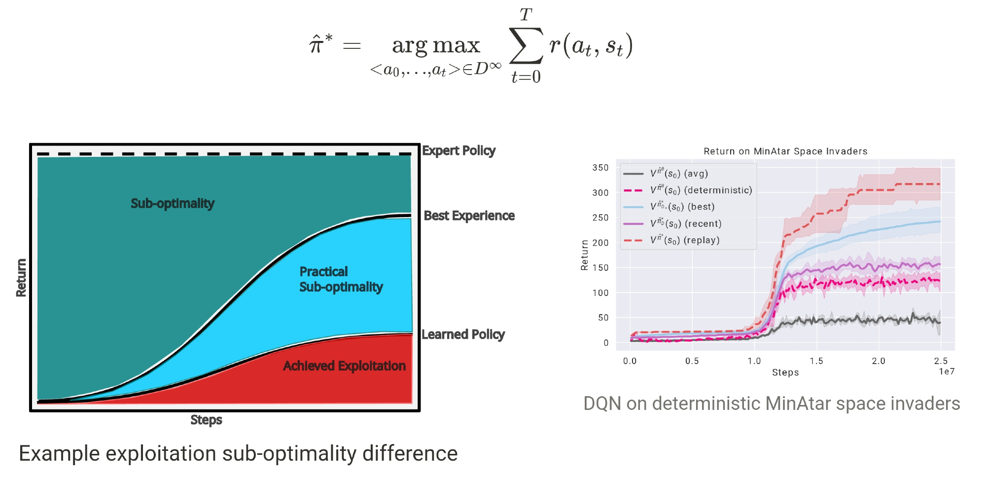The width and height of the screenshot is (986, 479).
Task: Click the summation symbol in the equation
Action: click(526, 45)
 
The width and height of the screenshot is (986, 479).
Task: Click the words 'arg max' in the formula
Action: click(436, 45)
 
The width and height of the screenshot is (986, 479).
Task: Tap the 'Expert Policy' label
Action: click(458, 150)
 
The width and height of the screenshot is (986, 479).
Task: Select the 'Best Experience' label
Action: click(469, 216)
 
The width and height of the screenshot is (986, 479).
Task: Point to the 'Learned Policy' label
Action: click(463, 334)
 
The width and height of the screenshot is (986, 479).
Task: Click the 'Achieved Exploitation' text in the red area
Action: click(344, 366)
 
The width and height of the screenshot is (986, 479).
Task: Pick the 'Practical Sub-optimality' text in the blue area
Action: click(341, 279)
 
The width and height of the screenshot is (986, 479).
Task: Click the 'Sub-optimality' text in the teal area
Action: click(173, 203)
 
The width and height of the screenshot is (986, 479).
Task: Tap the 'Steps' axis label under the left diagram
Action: click(206, 420)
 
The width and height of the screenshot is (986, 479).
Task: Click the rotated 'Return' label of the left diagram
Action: click(21, 278)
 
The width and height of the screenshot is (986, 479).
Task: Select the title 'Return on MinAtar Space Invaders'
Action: click(785, 151)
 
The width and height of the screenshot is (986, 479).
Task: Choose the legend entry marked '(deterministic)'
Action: click(701, 190)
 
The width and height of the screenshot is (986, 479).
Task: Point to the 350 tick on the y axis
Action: click(600, 168)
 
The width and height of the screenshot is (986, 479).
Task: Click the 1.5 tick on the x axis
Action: click(816, 361)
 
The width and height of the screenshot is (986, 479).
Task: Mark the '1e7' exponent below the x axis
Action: click(947, 371)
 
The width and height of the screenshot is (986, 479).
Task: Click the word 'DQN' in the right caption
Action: click(602, 404)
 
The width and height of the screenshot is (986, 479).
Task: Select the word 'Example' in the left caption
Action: click(59, 453)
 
